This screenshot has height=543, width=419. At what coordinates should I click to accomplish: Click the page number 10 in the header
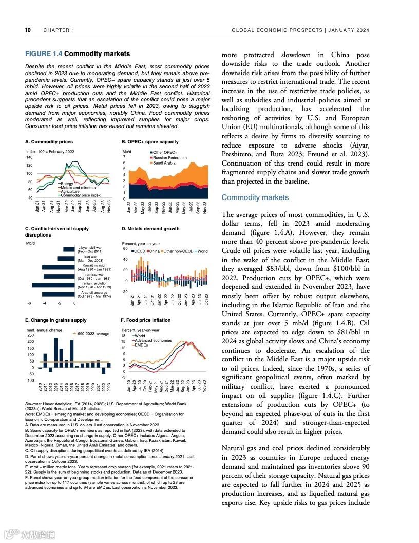28,30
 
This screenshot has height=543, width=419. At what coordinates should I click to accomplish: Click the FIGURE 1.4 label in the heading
44,53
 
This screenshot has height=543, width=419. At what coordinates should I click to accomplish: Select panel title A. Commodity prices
49,141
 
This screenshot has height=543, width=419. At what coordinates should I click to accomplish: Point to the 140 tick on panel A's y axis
29,157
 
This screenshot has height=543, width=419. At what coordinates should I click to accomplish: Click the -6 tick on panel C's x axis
29,303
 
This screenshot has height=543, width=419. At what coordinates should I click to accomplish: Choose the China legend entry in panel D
154,251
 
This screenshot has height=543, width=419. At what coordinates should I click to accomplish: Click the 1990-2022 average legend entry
92,334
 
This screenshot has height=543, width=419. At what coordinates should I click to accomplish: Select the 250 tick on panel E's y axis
30,335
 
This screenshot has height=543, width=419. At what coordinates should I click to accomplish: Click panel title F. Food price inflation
145,320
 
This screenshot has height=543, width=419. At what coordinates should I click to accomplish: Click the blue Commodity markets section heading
255,197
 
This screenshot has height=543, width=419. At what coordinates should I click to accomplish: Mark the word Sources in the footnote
33,404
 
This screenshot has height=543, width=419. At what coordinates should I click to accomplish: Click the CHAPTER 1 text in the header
59,30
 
